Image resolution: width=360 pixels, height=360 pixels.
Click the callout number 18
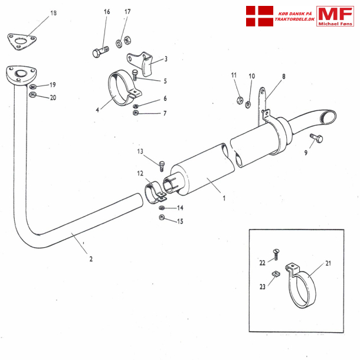pyautogui.click(x=54, y=13)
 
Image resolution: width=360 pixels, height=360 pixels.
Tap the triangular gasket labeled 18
pyautogui.click(x=22, y=41)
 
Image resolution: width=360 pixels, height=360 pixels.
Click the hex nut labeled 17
pyautogui.click(x=119, y=42)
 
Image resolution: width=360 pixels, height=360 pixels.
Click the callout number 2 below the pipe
pyautogui.click(x=91, y=258)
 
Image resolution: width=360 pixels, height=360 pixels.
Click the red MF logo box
pyautogui.click(x=335, y=16)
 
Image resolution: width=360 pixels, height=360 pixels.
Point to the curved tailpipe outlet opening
pyautogui.click(x=326, y=117)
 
